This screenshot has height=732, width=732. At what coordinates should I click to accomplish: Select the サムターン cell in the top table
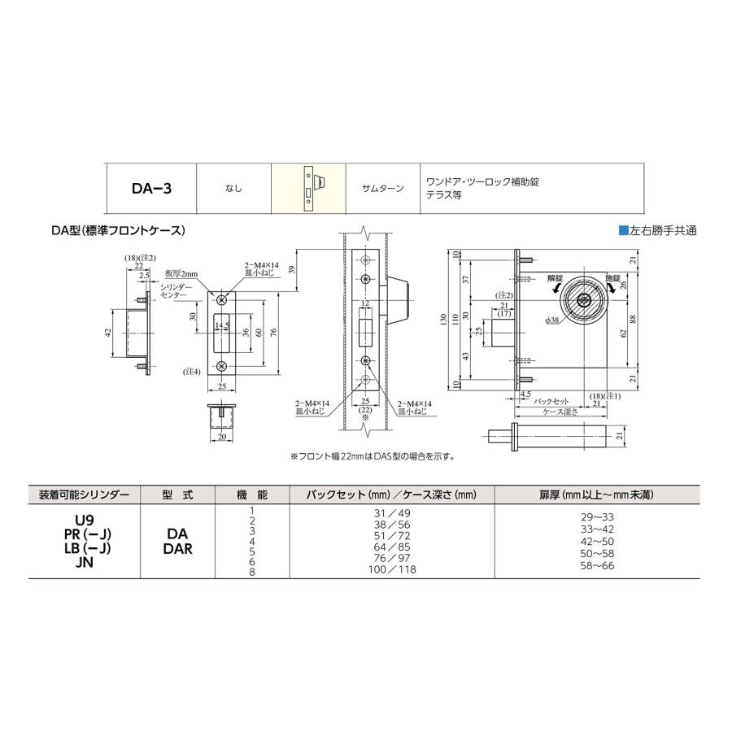[382, 189]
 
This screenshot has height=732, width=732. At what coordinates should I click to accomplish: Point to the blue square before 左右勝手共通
[623, 231]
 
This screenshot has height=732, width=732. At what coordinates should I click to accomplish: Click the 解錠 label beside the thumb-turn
[555, 278]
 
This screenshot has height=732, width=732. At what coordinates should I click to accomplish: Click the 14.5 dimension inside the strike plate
[222, 325]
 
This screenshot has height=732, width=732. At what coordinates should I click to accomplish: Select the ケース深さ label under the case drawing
[562, 412]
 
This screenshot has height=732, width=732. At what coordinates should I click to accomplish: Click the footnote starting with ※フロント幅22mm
[372, 456]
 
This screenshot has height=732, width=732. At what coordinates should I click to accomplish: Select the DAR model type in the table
[176, 548]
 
